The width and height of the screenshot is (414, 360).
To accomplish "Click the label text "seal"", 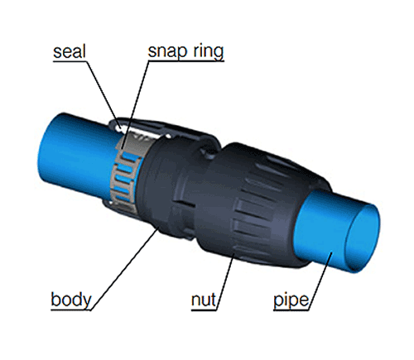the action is tap(70, 51).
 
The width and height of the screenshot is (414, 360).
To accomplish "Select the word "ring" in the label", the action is tap(208, 51).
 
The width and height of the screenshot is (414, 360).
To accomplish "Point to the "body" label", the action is tap(71, 300).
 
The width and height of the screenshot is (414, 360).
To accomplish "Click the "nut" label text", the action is tap(204, 300).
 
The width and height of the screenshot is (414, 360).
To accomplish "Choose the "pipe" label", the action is tap(291, 300).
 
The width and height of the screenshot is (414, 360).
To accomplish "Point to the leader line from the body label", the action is tap(124, 269).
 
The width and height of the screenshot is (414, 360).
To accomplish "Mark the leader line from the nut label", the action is tap(225, 282).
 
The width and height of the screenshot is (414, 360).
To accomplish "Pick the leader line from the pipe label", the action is tap(320, 281).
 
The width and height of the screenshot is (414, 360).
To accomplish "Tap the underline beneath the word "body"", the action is tap(71, 310).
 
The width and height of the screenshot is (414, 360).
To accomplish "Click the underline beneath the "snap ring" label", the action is tap(185, 61).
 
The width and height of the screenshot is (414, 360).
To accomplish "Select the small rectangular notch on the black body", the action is tap(185, 204).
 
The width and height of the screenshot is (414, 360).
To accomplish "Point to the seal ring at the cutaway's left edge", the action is tap(119, 127).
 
